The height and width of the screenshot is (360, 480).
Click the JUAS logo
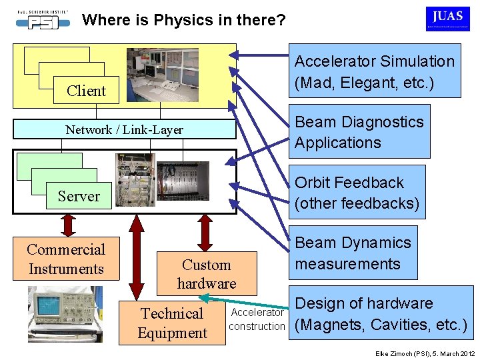[x=447, y=19]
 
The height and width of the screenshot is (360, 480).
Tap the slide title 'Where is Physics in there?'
[x=183, y=20]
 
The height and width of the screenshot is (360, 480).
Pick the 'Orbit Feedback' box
[x=357, y=192]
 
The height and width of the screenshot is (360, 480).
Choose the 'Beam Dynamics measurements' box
[x=353, y=253]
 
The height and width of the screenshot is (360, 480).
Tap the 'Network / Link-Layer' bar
[x=125, y=129]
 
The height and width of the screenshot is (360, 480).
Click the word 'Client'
[x=87, y=91]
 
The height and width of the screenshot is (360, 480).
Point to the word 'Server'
[x=79, y=196]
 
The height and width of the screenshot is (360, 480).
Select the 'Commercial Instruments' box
[x=66, y=259]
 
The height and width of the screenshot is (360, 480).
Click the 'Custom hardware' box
[x=207, y=273]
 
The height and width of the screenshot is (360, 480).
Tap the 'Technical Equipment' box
[x=172, y=323]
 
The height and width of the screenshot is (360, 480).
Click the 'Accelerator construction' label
[x=257, y=319]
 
